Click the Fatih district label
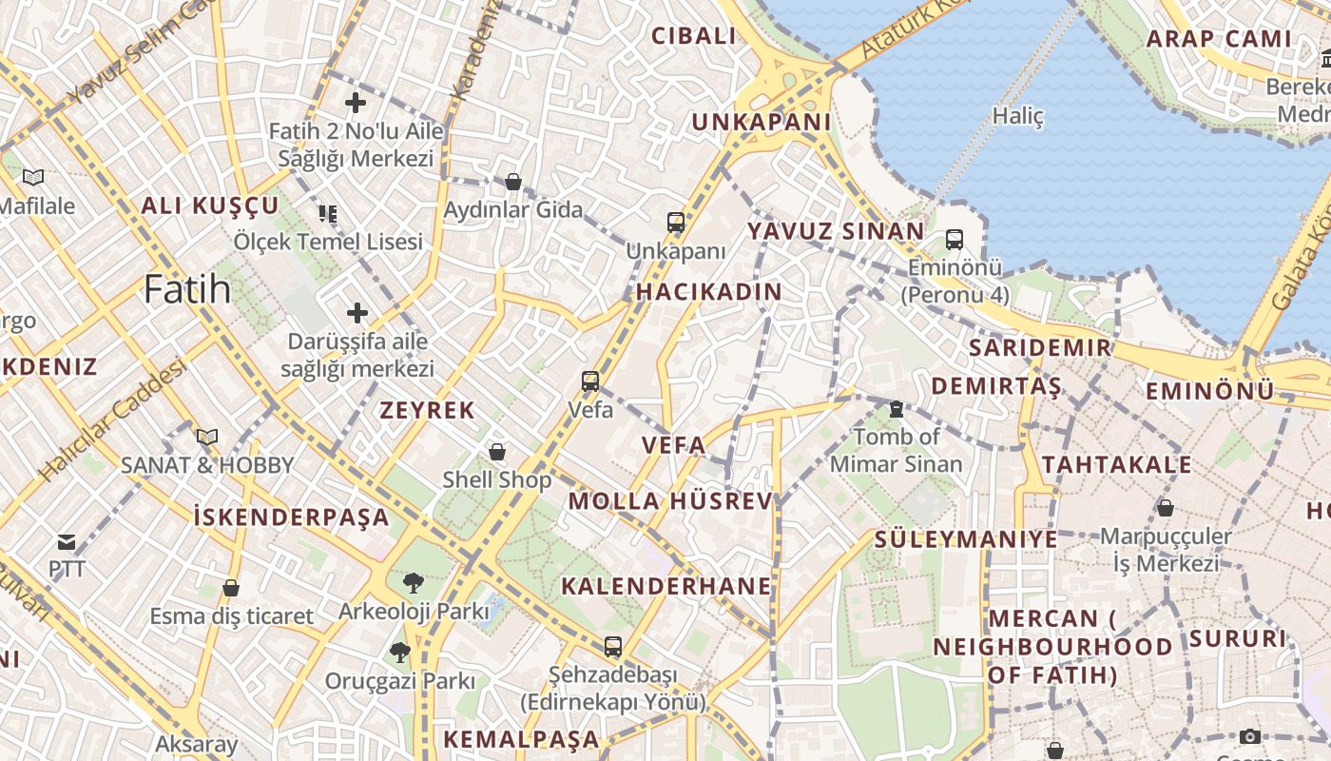click(x=187, y=288)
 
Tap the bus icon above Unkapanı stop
click(x=676, y=223)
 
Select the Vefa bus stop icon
click(x=590, y=381)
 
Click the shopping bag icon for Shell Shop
click(x=496, y=451)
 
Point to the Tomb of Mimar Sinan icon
click(x=896, y=409)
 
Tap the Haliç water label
click(x=1017, y=116)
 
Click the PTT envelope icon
click(x=67, y=542)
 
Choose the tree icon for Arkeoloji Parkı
click(x=413, y=582)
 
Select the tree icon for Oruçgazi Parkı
click(x=399, y=653)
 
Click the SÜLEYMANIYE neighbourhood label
click(x=965, y=539)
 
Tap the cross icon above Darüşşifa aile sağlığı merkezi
click(x=357, y=312)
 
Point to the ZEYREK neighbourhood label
click(x=427, y=411)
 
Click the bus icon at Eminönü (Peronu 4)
click(x=955, y=240)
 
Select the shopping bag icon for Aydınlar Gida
click(x=513, y=181)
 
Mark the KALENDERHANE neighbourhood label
click(x=665, y=586)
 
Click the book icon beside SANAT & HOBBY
click(x=206, y=437)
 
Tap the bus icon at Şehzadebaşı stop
click(x=613, y=647)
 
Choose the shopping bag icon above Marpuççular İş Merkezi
click(x=1165, y=508)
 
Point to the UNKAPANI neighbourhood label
click(x=761, y=123)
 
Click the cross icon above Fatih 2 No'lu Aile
click(x=356, y=103)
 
